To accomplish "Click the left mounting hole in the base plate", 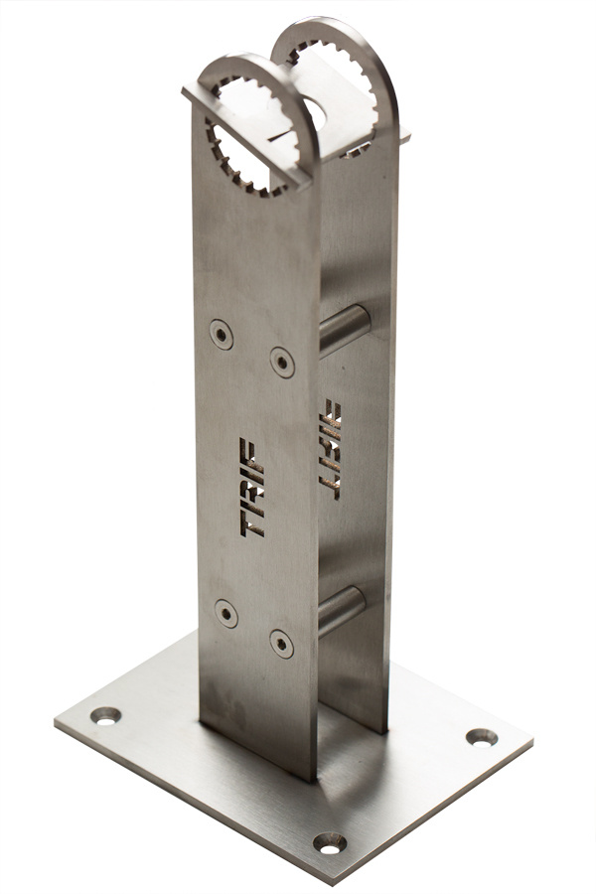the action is click(106, 715).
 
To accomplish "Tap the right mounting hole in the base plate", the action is click(482, 737).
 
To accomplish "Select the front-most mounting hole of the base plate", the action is click(330, 843).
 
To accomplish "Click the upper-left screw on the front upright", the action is click(222, 334).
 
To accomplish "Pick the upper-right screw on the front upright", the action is click(282, 362).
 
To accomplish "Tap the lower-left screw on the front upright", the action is click(226, 614).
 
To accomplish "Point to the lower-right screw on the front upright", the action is click(282, 644).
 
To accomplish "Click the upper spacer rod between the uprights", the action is click(345, 330).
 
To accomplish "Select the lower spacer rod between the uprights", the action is click(342, 611).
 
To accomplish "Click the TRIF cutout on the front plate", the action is click(251, 488).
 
